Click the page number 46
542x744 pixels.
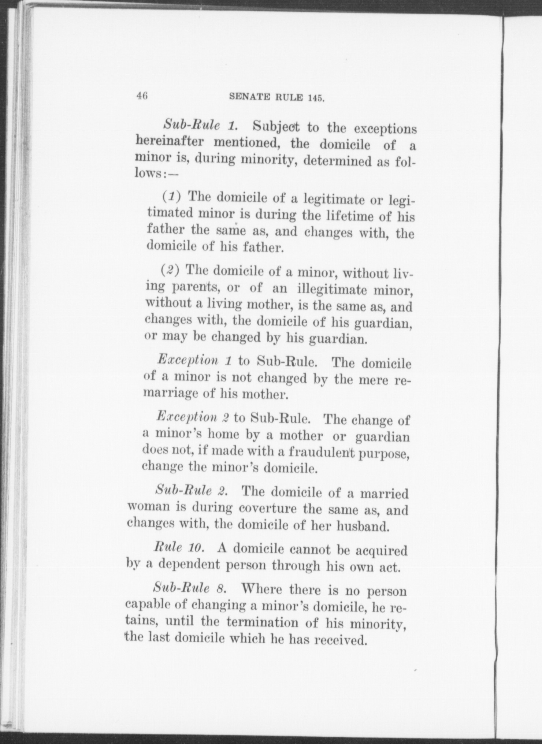click(141, 96)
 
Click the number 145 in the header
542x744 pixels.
click(316, 98)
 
